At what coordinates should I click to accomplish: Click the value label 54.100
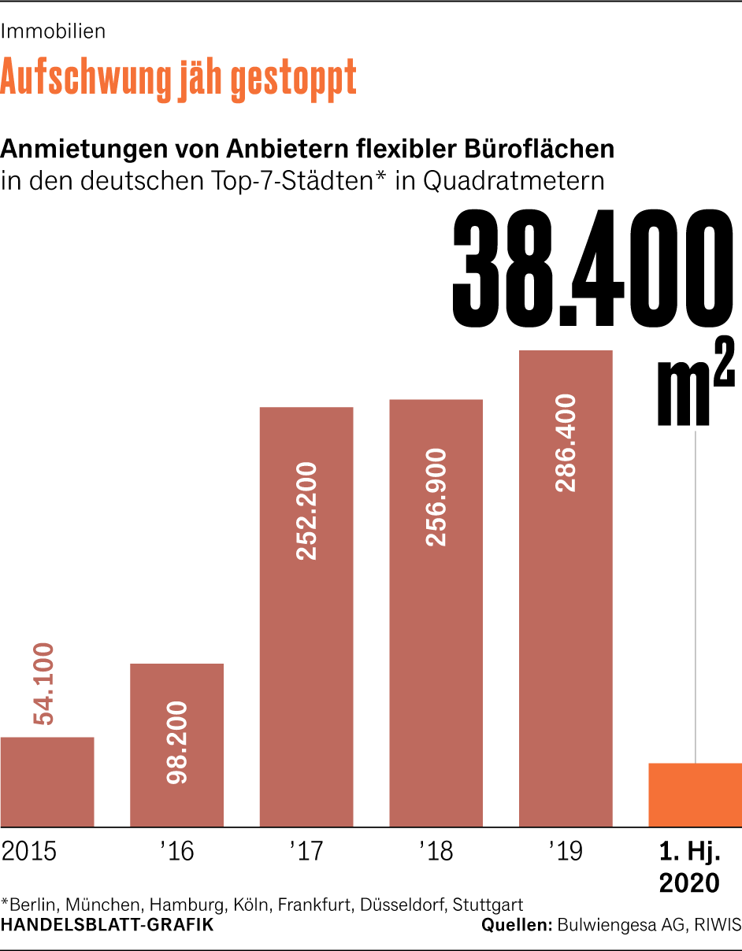(43, 683)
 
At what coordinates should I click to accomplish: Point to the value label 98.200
(177, 742)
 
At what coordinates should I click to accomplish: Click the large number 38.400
(587, 271)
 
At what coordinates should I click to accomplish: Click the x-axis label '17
(306, 852)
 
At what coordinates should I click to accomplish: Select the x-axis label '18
(436, 852)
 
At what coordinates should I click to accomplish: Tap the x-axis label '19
(566, 852)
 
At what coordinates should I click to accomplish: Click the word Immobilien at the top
(54, 31)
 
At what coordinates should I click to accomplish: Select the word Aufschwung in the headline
(87, 77)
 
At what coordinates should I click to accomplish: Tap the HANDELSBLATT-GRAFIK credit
(107, 925)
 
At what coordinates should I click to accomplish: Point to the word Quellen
(516, 925)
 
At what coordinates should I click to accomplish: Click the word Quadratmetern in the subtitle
(514, 180)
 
